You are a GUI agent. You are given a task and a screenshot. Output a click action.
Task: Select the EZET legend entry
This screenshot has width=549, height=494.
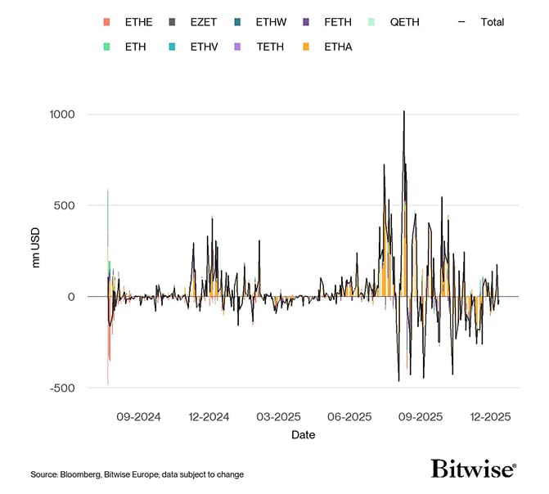point(204,22)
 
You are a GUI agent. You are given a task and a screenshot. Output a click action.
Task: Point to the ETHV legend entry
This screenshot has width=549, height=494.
point(204,47)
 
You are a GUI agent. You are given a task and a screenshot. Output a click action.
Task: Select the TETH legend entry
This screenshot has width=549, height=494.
point(271,47)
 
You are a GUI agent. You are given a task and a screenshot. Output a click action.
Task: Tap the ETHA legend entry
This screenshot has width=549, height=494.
point(340,47)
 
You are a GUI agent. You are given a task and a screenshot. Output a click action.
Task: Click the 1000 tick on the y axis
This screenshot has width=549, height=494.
point(61,115)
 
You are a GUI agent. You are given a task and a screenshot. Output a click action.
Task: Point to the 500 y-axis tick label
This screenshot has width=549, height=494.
point(65,205)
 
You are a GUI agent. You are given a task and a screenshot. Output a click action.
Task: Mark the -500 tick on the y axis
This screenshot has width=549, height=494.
point(62,388)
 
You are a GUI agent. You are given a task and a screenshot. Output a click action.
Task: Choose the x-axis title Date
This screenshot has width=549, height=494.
point(303,435)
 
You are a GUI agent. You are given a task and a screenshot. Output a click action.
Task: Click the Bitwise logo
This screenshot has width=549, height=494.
point(474,469)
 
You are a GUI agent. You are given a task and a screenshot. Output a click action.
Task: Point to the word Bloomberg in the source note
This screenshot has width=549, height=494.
point(87,474)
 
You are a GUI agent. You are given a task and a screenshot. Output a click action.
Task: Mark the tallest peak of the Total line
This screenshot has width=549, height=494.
point(403,111)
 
